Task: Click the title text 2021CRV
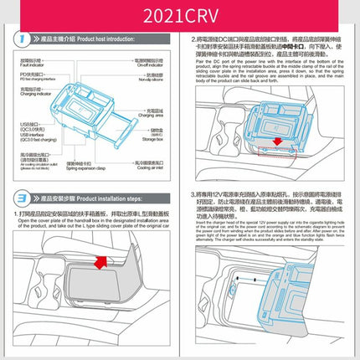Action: pos(179,14)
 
